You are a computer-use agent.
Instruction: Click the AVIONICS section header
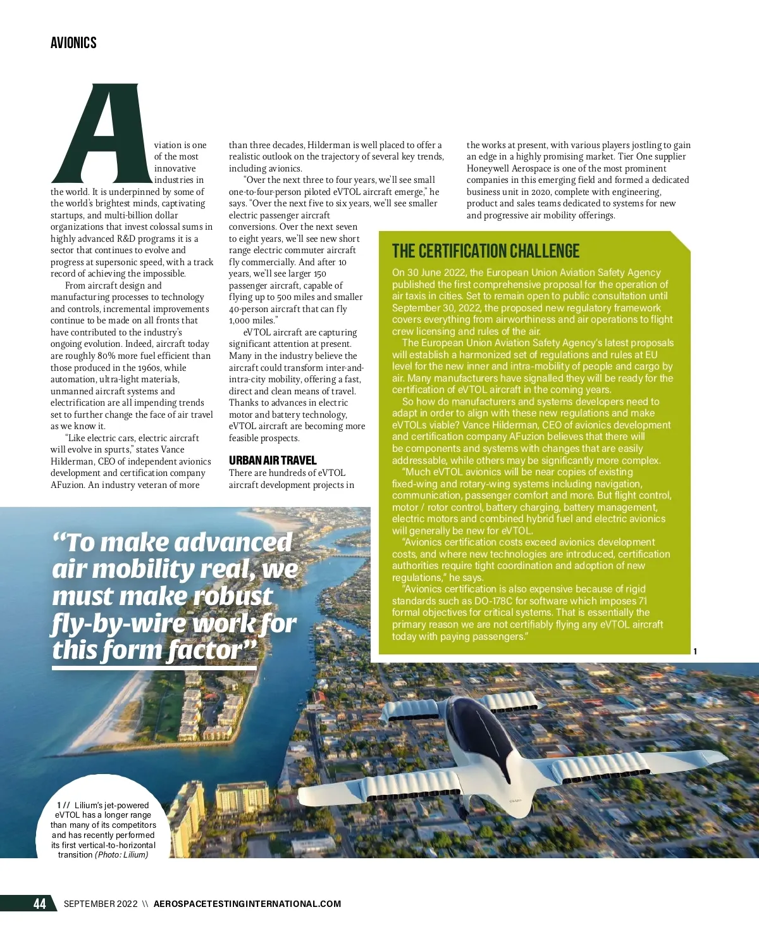tap(73, 43)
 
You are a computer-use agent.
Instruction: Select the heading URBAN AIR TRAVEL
tap(273, 460)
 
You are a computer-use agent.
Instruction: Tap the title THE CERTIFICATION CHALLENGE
tap(485, 251)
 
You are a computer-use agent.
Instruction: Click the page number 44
tap(39, 904)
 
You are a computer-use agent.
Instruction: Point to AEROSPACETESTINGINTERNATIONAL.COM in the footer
tap(247, 904)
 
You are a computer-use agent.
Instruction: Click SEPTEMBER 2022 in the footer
tap(101, 904)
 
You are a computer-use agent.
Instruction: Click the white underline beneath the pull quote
tap(154, 668)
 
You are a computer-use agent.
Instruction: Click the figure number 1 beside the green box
tap(695, 651)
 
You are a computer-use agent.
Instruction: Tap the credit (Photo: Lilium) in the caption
tap(121, 855)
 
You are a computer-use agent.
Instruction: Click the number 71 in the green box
tap(642, 601)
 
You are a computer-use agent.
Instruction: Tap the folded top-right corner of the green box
tap(681, 241)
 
